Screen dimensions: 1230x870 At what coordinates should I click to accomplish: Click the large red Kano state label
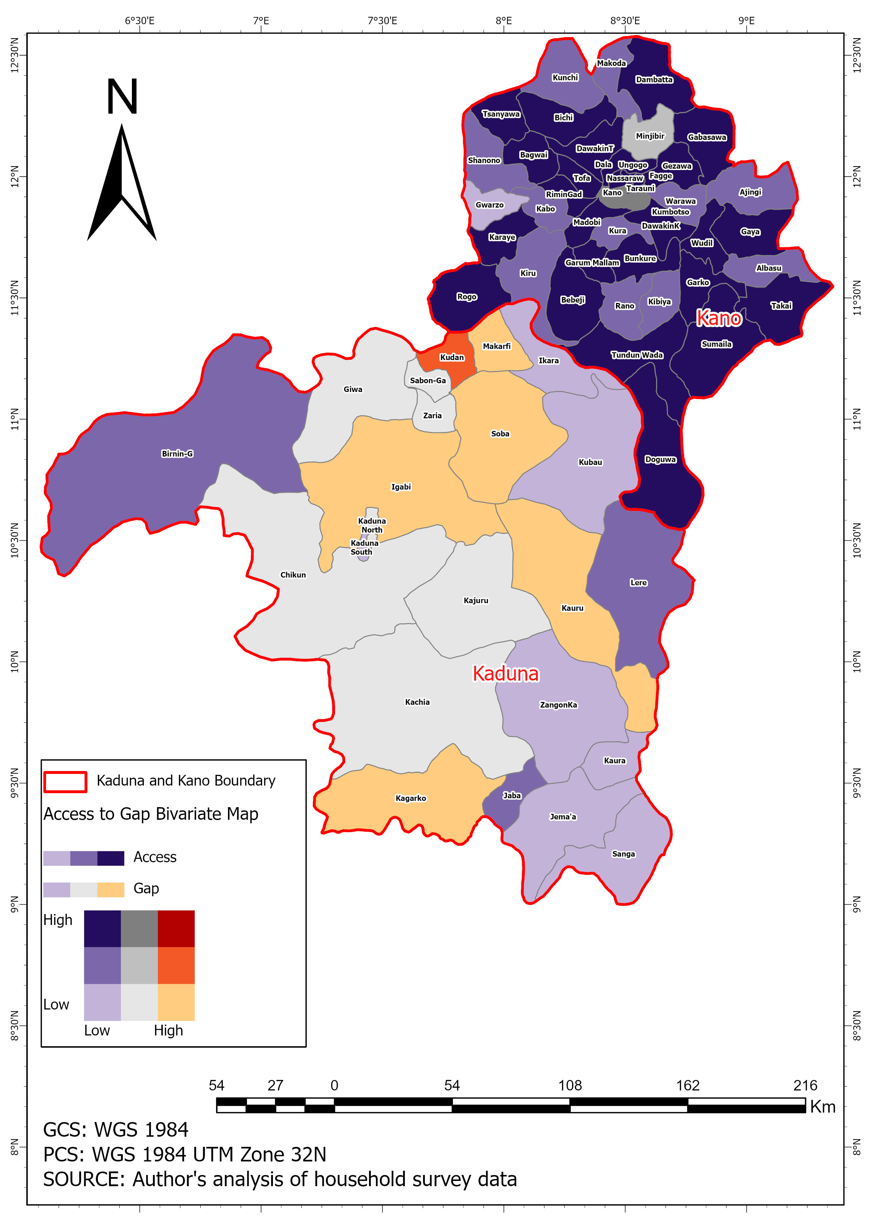click(718, 318)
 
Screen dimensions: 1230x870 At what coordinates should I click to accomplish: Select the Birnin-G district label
click(177, 454)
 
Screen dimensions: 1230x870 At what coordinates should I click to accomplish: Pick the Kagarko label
click(410, 798)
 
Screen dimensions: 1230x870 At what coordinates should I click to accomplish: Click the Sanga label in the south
click(623, 854)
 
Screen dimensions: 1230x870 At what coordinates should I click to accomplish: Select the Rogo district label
click(466, 297)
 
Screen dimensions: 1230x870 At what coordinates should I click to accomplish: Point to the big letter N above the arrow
click(122, 97)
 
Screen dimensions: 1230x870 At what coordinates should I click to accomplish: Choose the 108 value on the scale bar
click(569, 1085)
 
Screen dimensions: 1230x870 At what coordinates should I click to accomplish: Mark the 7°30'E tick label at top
click(382, 21)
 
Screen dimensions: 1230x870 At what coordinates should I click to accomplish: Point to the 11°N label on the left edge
click(14, 419)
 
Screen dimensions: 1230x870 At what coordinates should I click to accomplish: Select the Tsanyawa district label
click(501, 114)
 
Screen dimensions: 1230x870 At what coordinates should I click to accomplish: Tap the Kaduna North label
click(372, 525)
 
